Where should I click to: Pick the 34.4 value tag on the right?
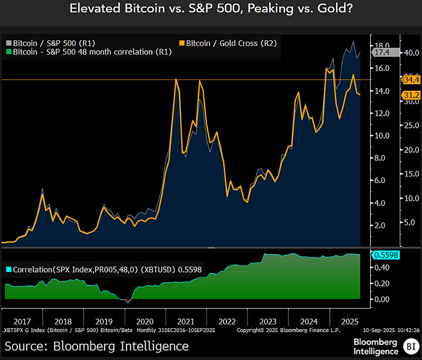coord(412,80)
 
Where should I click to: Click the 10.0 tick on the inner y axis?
coord(383,135)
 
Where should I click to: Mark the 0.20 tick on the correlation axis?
coord(383,283)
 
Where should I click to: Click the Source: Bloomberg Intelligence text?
coord(97,345)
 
